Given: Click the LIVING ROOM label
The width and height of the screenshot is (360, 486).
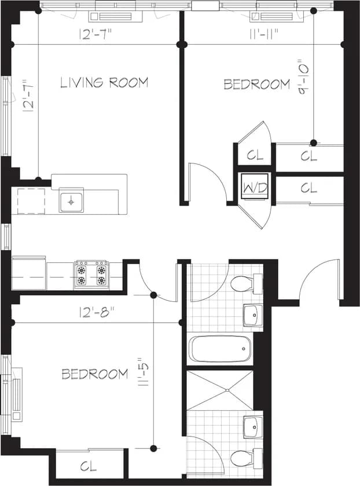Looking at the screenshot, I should pyautogui.click(x=104, y=82).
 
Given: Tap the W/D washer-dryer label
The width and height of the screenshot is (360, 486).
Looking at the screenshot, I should pyautogui.click(x=255, y=188).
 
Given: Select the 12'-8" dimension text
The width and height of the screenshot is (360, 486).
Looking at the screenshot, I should pyautogui.click(x=97, y=311).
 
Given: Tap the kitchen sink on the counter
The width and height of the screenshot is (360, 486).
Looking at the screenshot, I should pyautogui.click(x=71, y=202).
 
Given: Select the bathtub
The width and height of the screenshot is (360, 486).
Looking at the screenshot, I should pyautogui.click(x=220, y=349).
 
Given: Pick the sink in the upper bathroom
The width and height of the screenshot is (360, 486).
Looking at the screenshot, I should pyautogui.click(x=252, y=315).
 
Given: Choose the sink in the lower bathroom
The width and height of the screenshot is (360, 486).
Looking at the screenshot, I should pyautogui.click(x=252, y=427).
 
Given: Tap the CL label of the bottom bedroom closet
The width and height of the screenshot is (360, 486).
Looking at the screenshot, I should pyautogui.click(x=89, y=465).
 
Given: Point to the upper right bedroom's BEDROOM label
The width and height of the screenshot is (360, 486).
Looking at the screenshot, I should pyautogui.click(x=256, y=85).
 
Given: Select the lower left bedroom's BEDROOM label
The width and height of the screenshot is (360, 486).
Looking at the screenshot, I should pyautogui.click(x=95, y=374).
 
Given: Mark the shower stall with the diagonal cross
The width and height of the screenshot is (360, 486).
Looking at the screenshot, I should pyautogui.click(x=220, y=389).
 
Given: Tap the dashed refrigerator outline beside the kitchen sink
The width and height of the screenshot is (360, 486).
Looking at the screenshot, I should pyautogui.click(x=31, y=201).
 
